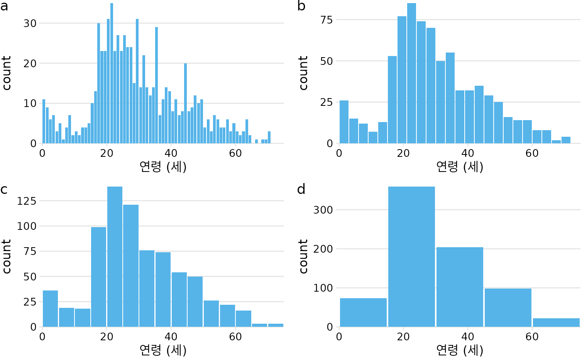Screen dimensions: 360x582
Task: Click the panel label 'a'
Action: tap(4, 7)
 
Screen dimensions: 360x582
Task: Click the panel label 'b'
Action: tap(301, 6)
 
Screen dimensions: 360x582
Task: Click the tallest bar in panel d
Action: tap(411, 257)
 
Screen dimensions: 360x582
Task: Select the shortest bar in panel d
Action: tap(556, 323)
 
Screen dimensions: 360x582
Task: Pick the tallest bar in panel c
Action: tap(115, 257)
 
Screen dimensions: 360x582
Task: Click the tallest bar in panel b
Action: tap(411, 73)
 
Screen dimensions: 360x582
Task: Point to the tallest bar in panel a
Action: tap(112, 73)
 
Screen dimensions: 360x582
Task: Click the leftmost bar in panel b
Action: tap(344, 122)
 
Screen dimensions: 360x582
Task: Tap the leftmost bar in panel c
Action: tap(50, 309)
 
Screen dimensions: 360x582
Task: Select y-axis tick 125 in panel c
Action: tap(27, 201)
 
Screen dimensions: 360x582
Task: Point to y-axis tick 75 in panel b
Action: tap(327, 20)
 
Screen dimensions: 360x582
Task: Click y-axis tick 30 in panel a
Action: tap(30, 23)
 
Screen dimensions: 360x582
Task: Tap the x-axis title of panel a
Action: tap(163, 167)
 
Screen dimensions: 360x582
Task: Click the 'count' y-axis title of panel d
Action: tap(303, 256)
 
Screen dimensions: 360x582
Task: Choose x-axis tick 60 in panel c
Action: tap(235, 337)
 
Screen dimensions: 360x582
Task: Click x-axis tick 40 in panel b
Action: tap(468, 153)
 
